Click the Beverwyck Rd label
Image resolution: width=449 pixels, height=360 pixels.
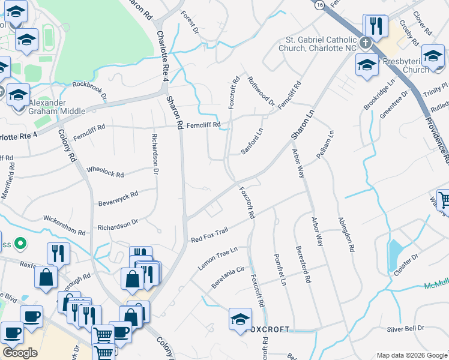[118, 198]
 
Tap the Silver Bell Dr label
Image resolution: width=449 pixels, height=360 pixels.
[405, 328]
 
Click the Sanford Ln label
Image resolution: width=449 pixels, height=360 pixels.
[252, 142]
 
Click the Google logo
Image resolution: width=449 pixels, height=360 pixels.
[20, 353]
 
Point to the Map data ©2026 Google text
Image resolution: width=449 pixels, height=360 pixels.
[412, 355]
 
